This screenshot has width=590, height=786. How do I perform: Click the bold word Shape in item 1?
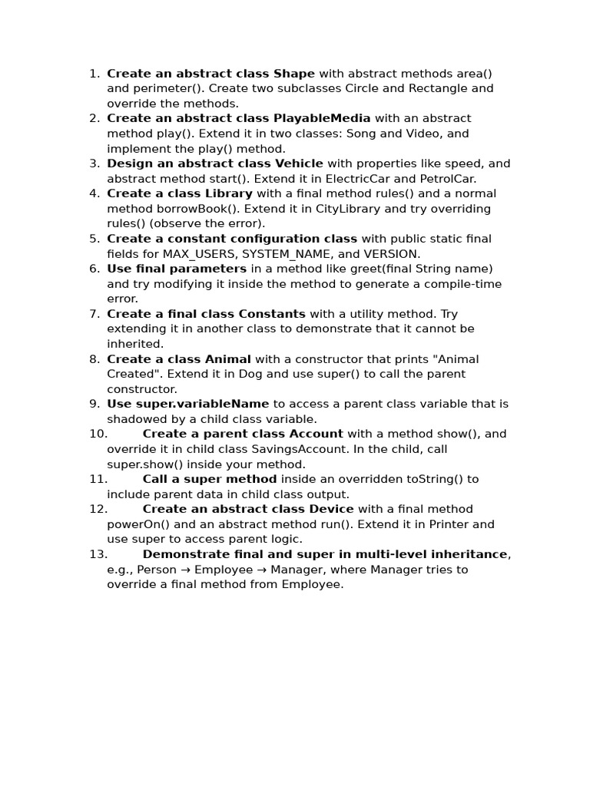[x=294, y=74]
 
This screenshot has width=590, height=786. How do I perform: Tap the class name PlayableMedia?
[x=322, y=118]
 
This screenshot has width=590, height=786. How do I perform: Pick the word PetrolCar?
[x=447, y=179]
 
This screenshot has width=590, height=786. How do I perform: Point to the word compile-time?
[x=466, y=284]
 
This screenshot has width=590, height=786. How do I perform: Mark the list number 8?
[x=94, y=359]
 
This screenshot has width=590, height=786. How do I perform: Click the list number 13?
[x=98, y=554]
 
